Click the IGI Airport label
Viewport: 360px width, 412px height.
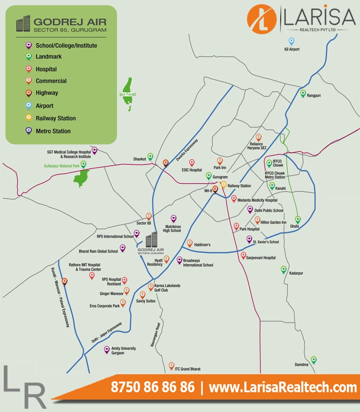pyautogui.click(x=292, y=49)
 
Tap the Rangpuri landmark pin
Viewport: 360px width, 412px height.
pyautogui.click(x=303, y=93)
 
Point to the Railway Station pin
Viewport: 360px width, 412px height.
pyautogui.click(x=224, y=184)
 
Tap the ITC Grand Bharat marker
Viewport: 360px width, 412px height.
pyautogui.click(x=172, y=365)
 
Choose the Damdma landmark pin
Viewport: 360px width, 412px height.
pyautogui.click(x=314, y=360)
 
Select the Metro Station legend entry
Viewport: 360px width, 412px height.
pyautogui.click(x=53, y=131)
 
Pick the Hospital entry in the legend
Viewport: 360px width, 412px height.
pyautogui.click(x=46, y=69)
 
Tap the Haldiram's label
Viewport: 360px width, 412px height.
pyautogui.click(x=202, y=245)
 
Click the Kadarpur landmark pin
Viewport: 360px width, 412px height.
pyautogui.click(x=284, y=269)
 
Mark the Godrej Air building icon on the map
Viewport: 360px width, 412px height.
pyautogui.click(x=151, y=240)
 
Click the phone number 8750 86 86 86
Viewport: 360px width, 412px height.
pyautogui.click(x=152, y=388)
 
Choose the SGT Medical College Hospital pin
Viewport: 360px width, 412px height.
pyautogui.click(x=94, y=150)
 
